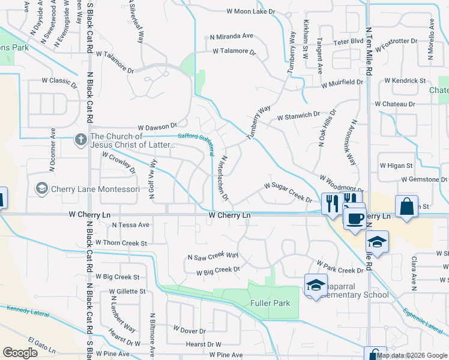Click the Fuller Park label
pos(271,303)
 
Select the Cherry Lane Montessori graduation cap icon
pos(41,189)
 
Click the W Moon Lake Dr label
pos(250,11)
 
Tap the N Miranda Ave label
pos(231,37)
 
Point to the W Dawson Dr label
pos(157,127)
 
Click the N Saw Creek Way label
pos(213,257)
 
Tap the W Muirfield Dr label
pos(342,83)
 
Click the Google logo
pos(20,353)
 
